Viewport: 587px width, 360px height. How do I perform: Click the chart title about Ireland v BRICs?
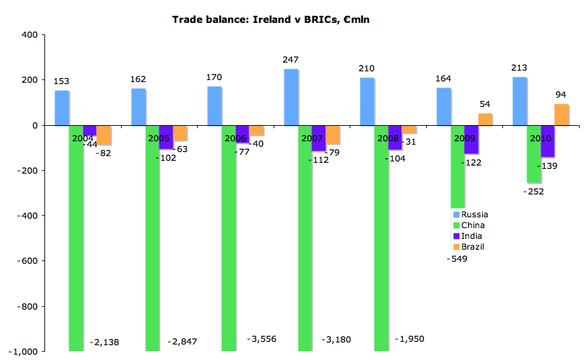coord(271,20)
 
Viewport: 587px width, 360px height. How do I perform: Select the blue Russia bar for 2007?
coord(290,97)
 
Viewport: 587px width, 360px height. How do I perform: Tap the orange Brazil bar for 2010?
coord(561,114)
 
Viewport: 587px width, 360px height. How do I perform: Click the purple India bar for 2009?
coord(472,139)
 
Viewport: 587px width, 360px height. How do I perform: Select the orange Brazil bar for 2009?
coord(485,119)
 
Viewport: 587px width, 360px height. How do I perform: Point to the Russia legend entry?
coord(469,215)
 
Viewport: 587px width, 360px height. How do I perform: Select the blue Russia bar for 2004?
coord(62,108)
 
